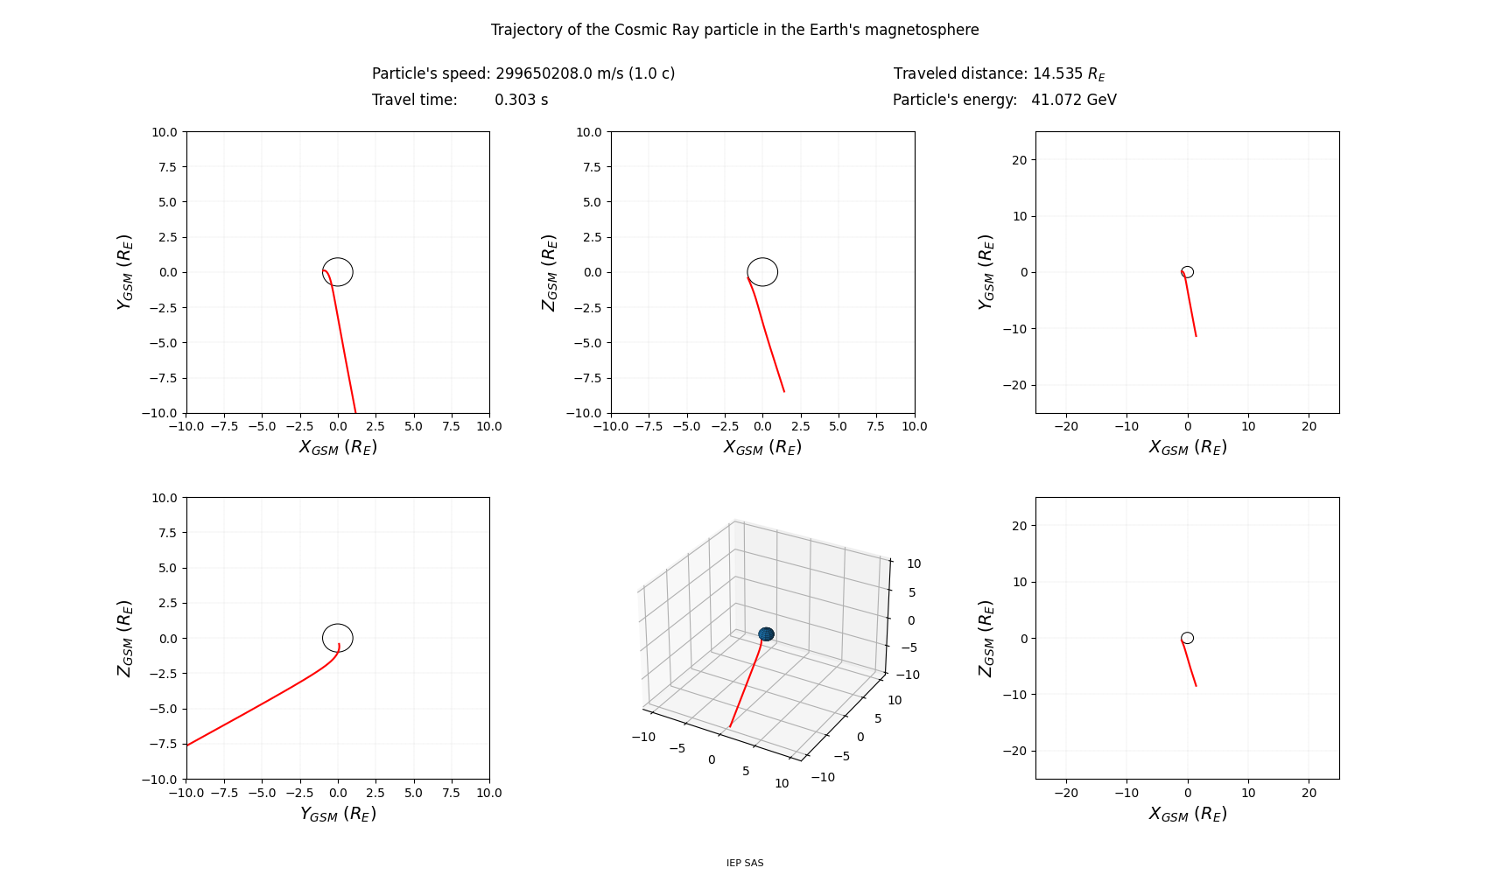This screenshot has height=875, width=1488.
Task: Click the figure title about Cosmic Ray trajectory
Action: point(734,30)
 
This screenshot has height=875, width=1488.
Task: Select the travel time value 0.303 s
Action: point(521,100)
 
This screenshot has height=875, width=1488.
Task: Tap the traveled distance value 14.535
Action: point(1057,73)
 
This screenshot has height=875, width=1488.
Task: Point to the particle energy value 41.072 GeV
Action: point(1073,100)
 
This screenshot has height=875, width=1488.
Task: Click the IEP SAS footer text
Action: point(745,863)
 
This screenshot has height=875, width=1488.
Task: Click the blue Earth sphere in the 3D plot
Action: point(766,633)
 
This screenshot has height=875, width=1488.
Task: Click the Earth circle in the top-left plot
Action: point(338,272)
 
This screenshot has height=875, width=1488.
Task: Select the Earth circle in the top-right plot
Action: point(1187,272)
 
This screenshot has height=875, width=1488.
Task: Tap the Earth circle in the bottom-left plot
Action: point(338,638)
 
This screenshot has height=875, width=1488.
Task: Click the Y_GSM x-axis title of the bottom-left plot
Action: point(338,814)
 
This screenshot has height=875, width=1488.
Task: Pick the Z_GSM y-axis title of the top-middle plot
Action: point(549,272)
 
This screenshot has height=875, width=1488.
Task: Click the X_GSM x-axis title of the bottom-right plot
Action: point(1187,814)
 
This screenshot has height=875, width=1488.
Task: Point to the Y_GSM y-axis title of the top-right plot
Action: point(986,272)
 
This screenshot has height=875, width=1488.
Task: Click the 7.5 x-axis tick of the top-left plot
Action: point(451,426)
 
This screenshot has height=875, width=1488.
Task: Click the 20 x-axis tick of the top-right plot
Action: point(1309,426)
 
